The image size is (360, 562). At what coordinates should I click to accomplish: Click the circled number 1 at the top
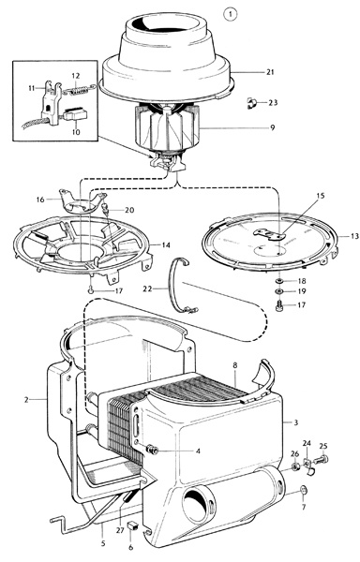pos(231,14)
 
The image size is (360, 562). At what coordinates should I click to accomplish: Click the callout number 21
pos(270,72)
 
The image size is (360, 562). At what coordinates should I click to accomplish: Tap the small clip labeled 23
pos(252,103)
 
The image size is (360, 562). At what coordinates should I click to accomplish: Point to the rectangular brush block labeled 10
pos(75,114)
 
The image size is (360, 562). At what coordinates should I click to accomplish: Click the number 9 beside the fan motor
pos(273,127)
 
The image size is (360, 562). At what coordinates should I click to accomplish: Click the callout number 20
pos(129,210)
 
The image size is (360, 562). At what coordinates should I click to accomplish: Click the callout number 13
pos(354,236)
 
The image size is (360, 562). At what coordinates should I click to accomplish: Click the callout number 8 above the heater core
pos(235,365)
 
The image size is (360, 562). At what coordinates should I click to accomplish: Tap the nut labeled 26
pos(295,467)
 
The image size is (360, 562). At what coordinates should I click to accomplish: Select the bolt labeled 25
pos(322,459)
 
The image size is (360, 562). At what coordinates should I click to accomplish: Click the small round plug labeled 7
pos(304,490)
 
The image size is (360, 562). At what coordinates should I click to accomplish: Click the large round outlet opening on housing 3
pos(199,504)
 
